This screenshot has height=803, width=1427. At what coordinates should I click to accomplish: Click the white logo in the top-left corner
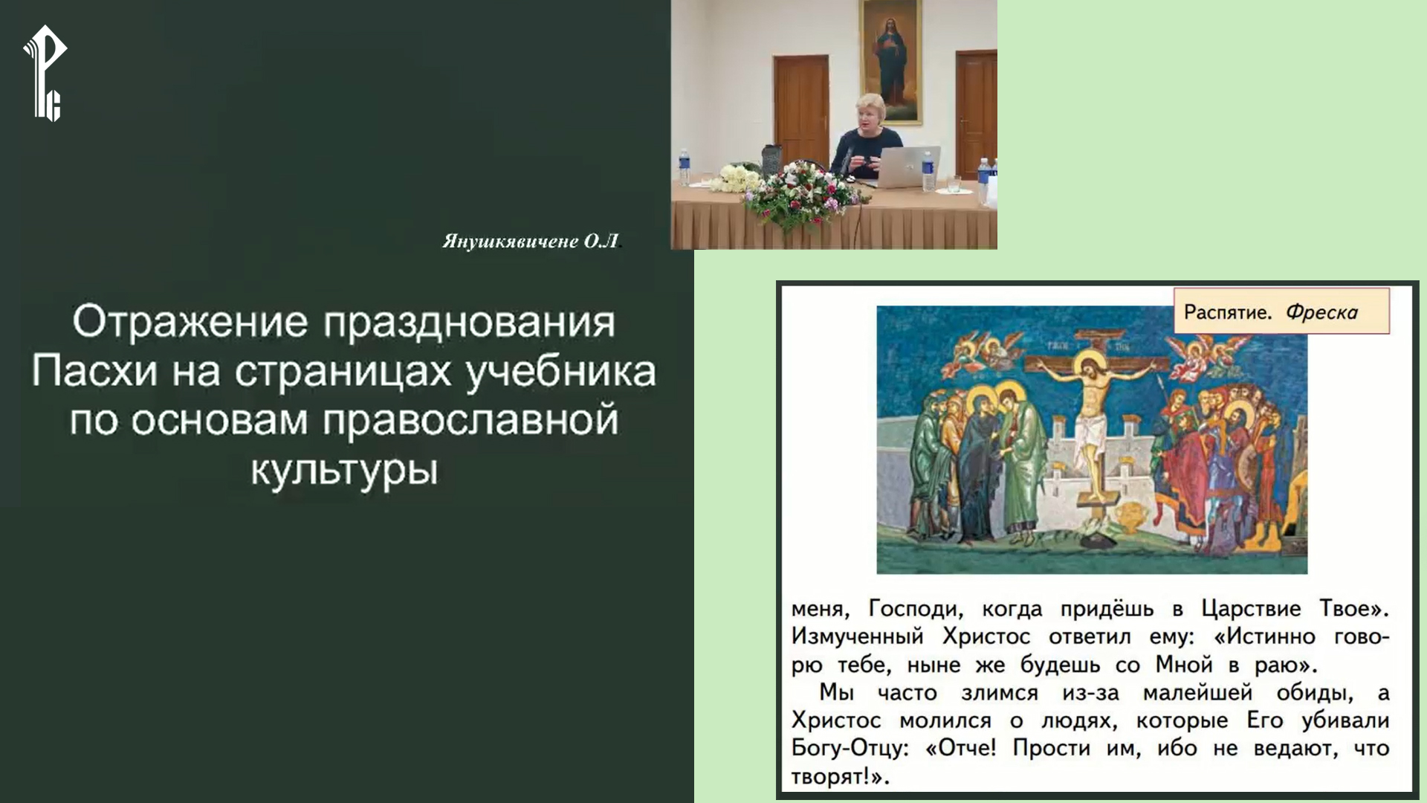(45, 73)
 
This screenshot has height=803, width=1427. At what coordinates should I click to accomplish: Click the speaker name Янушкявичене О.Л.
(530, 242)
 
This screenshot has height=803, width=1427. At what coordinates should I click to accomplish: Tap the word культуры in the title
(343, 470)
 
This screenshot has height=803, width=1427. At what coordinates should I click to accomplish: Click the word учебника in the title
(561, 372)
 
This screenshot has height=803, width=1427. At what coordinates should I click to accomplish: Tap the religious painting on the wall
(890, 59)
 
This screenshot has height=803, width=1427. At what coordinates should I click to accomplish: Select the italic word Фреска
(1321, 312)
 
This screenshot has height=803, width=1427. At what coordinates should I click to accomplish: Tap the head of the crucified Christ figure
(1090, 370)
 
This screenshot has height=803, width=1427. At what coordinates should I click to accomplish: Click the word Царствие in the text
(1251, 609)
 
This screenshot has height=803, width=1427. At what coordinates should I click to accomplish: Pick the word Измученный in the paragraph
(857, 637)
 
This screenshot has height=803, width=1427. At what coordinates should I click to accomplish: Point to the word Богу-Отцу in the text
(850, 748)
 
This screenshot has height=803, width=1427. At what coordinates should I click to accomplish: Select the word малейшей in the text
(1197, 693)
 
